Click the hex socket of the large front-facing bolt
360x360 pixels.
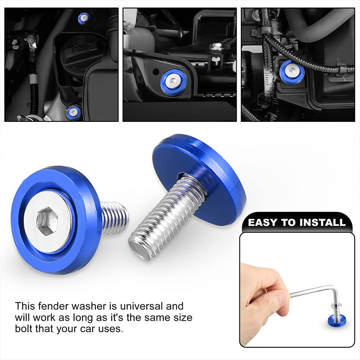47,221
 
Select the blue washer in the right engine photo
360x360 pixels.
292,72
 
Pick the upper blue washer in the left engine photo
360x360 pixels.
84,18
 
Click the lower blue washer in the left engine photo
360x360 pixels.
73,113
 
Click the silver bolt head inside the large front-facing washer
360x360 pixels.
48,221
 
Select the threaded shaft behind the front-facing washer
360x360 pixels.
114,218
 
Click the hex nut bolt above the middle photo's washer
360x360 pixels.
216,47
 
